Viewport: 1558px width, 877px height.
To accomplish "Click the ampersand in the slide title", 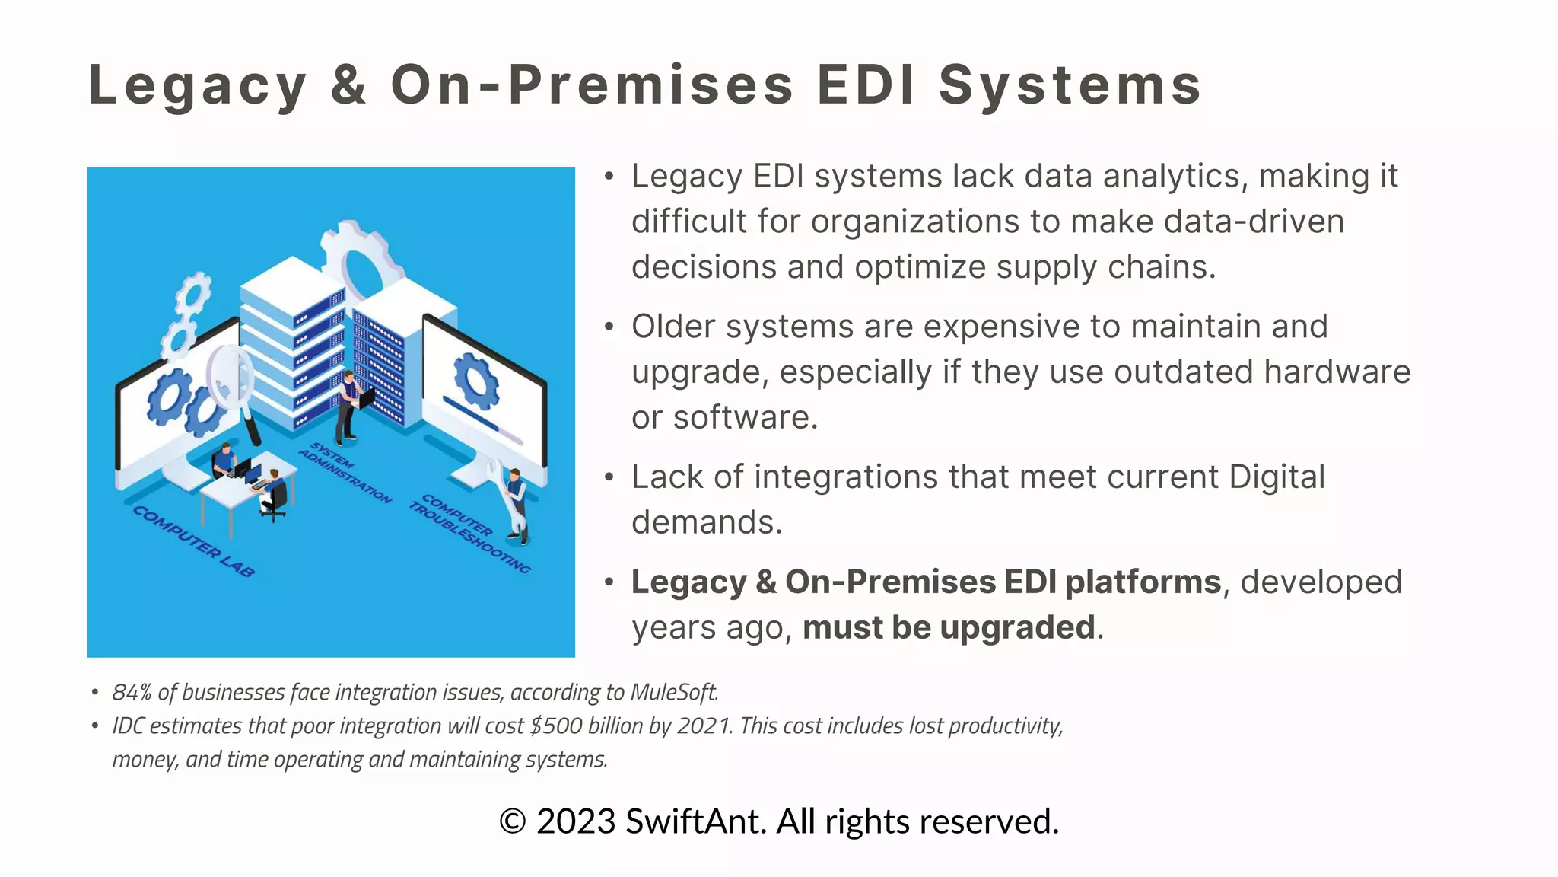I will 348,85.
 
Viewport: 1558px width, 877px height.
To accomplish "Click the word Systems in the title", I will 1070,85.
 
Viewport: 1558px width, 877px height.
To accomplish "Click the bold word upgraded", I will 1018,628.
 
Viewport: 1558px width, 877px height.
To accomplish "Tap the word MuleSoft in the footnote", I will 674,692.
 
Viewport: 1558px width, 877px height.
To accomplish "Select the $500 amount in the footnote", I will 556,726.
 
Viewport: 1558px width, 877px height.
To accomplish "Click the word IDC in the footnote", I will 128,726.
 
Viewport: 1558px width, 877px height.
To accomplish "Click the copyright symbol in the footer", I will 513,822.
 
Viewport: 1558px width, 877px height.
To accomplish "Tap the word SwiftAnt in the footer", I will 695,822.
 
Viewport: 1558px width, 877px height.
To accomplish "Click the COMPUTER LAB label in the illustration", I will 193,541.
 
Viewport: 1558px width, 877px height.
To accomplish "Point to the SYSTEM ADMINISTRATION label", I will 345,472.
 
